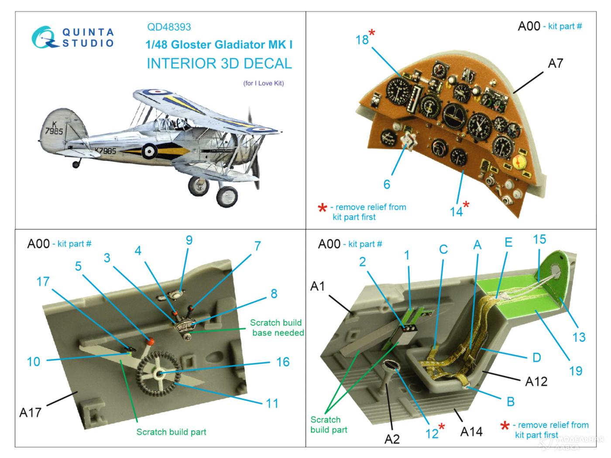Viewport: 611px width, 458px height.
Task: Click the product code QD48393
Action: [169, 27]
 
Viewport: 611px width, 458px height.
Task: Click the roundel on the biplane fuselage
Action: [149, 151]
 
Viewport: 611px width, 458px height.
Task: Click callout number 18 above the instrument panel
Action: [362, 40]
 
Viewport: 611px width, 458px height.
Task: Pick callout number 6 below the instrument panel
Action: [387, 185]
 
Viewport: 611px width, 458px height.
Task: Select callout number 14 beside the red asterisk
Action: [456, 212]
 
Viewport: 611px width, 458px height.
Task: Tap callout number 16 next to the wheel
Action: [283, 362]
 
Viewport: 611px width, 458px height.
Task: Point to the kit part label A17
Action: [30, 412]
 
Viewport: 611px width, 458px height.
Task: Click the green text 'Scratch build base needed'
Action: [277, 328]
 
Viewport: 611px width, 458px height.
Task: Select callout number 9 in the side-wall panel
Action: [189, 240]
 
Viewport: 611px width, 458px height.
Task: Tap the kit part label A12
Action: [536, 381]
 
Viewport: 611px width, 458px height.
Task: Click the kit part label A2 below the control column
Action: [392, 439]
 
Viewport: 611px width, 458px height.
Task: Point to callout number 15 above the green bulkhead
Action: [539, 239]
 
